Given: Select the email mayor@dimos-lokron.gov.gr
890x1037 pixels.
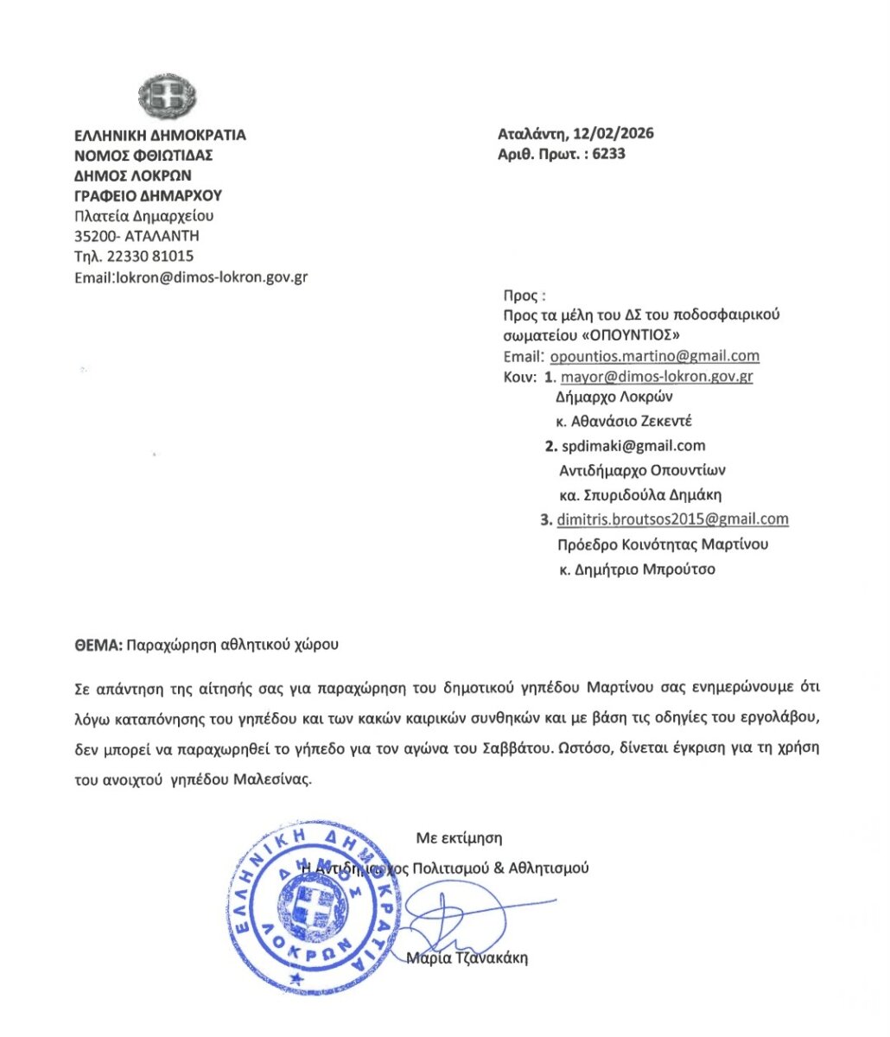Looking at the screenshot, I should pyautogui.click(x=657, y=377).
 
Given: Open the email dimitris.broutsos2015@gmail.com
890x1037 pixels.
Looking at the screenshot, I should pyautogui.click(x=672, y=519).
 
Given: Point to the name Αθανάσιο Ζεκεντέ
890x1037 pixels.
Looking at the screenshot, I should pyautogui.click(x=631, y=422).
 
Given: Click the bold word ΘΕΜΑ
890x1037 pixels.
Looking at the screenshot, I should pyautogui.click(x=98, y=645).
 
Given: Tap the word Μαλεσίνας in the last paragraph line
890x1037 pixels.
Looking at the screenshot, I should pyautogui.click(x=270, y=779).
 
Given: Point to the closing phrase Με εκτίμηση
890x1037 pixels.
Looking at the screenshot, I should pyautogui.click(x=459, y=837).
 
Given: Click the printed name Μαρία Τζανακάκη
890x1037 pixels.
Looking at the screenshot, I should pyautogui.click(x=467, y=957).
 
